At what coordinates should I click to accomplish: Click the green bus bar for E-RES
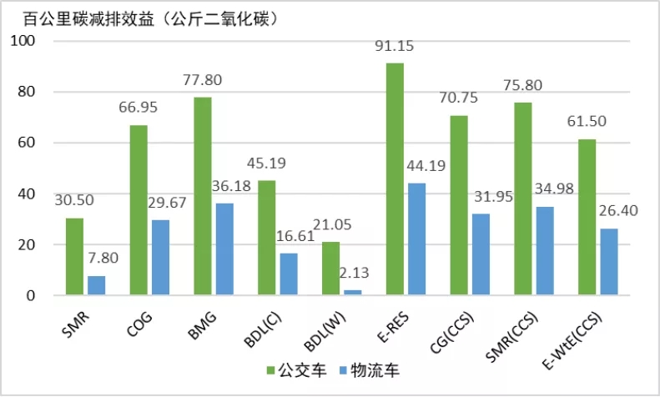(x=395, y=179)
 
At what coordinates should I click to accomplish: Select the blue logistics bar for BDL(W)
(x=330, y=293)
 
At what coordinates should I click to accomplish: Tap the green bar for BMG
(x=203, y=196)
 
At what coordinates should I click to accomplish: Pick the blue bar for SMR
(x=96, y=286)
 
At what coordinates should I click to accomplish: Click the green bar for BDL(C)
(x=266, y=238)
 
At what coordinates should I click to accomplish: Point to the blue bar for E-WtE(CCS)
(x=608, y=262)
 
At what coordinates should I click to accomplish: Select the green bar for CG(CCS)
(x=459, y=205)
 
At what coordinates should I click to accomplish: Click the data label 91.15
(x=395, y=46)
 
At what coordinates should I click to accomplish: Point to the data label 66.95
(x=138, y=108)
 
